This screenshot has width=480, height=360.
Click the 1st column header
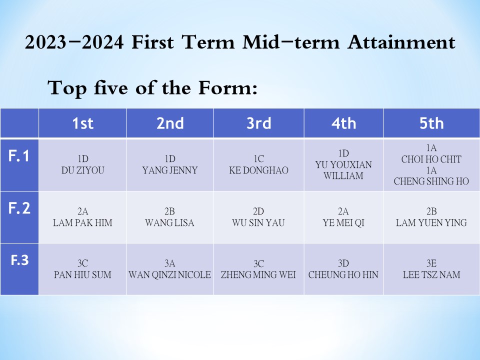[x=82, y=123]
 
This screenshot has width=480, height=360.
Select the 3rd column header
[x=259, y=123]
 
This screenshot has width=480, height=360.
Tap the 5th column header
[x=431, y=123]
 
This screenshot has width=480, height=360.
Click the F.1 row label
[x=19, y=156]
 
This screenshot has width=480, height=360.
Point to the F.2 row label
[x=19, y=208]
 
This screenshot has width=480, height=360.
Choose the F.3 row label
[x=19, y=260]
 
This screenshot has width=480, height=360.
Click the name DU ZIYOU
[x=82, y=170]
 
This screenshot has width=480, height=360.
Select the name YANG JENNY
[x=170, y=170]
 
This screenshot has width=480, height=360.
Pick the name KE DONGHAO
[x=258, y=170]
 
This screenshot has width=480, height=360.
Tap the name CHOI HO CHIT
[x=431, y=159]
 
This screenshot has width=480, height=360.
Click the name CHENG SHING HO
[x=431, y=181]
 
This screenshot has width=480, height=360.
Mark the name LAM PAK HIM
[x=82, y=222]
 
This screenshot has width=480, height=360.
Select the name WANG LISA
[x=169, y=222]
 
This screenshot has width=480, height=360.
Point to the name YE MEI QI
[x=343, y=222]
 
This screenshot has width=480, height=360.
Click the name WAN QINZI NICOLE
[x=169, y=274]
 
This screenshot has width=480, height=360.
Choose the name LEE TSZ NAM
[x=431, y=274]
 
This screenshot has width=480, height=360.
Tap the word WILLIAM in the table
[x=343, y=175]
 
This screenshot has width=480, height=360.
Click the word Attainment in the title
[x=401, y=42]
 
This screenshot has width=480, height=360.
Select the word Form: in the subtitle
[x=228, y=88]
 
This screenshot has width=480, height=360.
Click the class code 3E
[x=431, y=263]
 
